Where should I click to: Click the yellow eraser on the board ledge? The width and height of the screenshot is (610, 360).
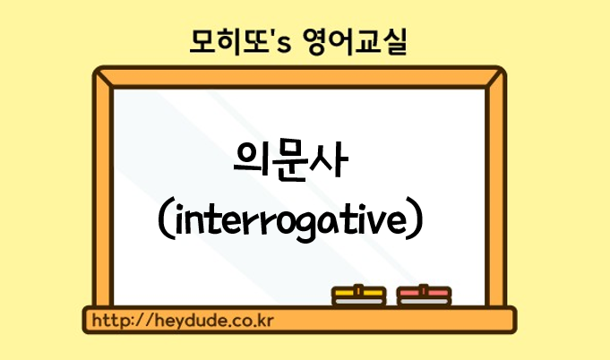click(358, 296)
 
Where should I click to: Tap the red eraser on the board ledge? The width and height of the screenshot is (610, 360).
click(424, 296)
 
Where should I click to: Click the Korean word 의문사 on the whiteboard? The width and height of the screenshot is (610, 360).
click(290, 160)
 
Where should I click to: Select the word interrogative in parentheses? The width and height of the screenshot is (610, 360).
click(290, 221)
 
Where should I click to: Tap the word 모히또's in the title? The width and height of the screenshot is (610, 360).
click(240, 41)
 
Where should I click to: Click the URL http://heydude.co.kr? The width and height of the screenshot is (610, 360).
click(183, 321)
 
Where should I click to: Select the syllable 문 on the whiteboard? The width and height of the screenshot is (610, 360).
click(288, 161)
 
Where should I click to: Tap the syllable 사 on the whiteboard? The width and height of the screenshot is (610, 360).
click(329, 159)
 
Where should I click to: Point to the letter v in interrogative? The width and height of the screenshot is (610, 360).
click(369, 222)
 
